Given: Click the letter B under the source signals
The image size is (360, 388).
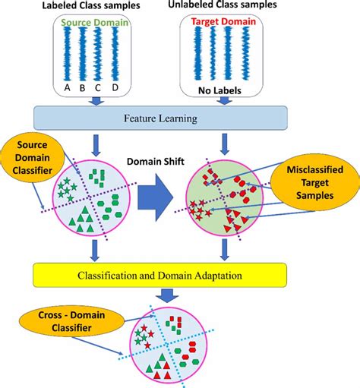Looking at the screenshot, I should (84, 87).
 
